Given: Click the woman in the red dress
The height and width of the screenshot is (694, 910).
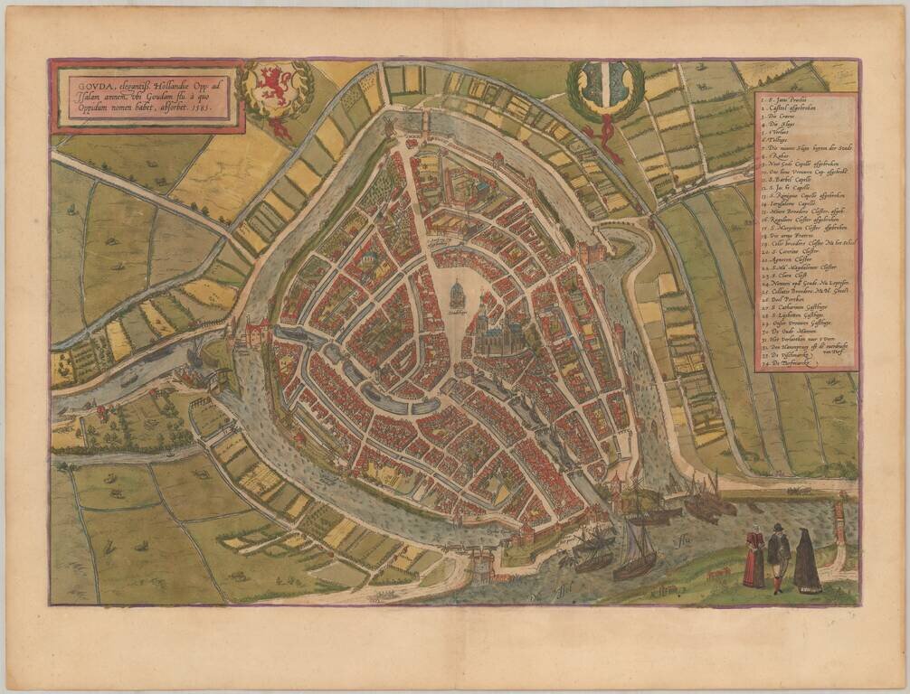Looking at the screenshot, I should (753, 558).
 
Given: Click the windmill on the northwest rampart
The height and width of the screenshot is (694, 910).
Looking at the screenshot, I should (390, 127).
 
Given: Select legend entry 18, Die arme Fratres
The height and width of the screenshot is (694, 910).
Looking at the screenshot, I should (792, 234).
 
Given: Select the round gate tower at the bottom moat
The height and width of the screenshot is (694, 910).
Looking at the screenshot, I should (481, 565).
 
